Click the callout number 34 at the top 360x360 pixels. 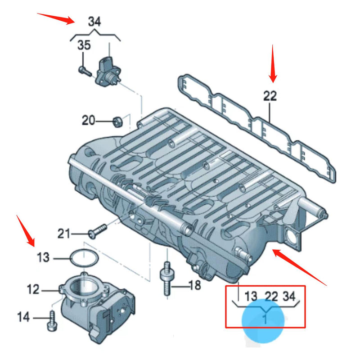(x=94, y=21)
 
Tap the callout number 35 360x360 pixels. (x=84, y=45)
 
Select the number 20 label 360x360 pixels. (x=89, y=120)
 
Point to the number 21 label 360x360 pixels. (x=64, y=233)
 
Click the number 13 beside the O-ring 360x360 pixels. (x=43, y=258)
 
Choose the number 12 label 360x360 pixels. (x=33, y=289)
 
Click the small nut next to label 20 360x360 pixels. (x=117, y=121)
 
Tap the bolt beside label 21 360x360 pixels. (x=96, y=231)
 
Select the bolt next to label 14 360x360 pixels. (x=50, y=321)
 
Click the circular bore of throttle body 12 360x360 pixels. (x=83, y=288)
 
